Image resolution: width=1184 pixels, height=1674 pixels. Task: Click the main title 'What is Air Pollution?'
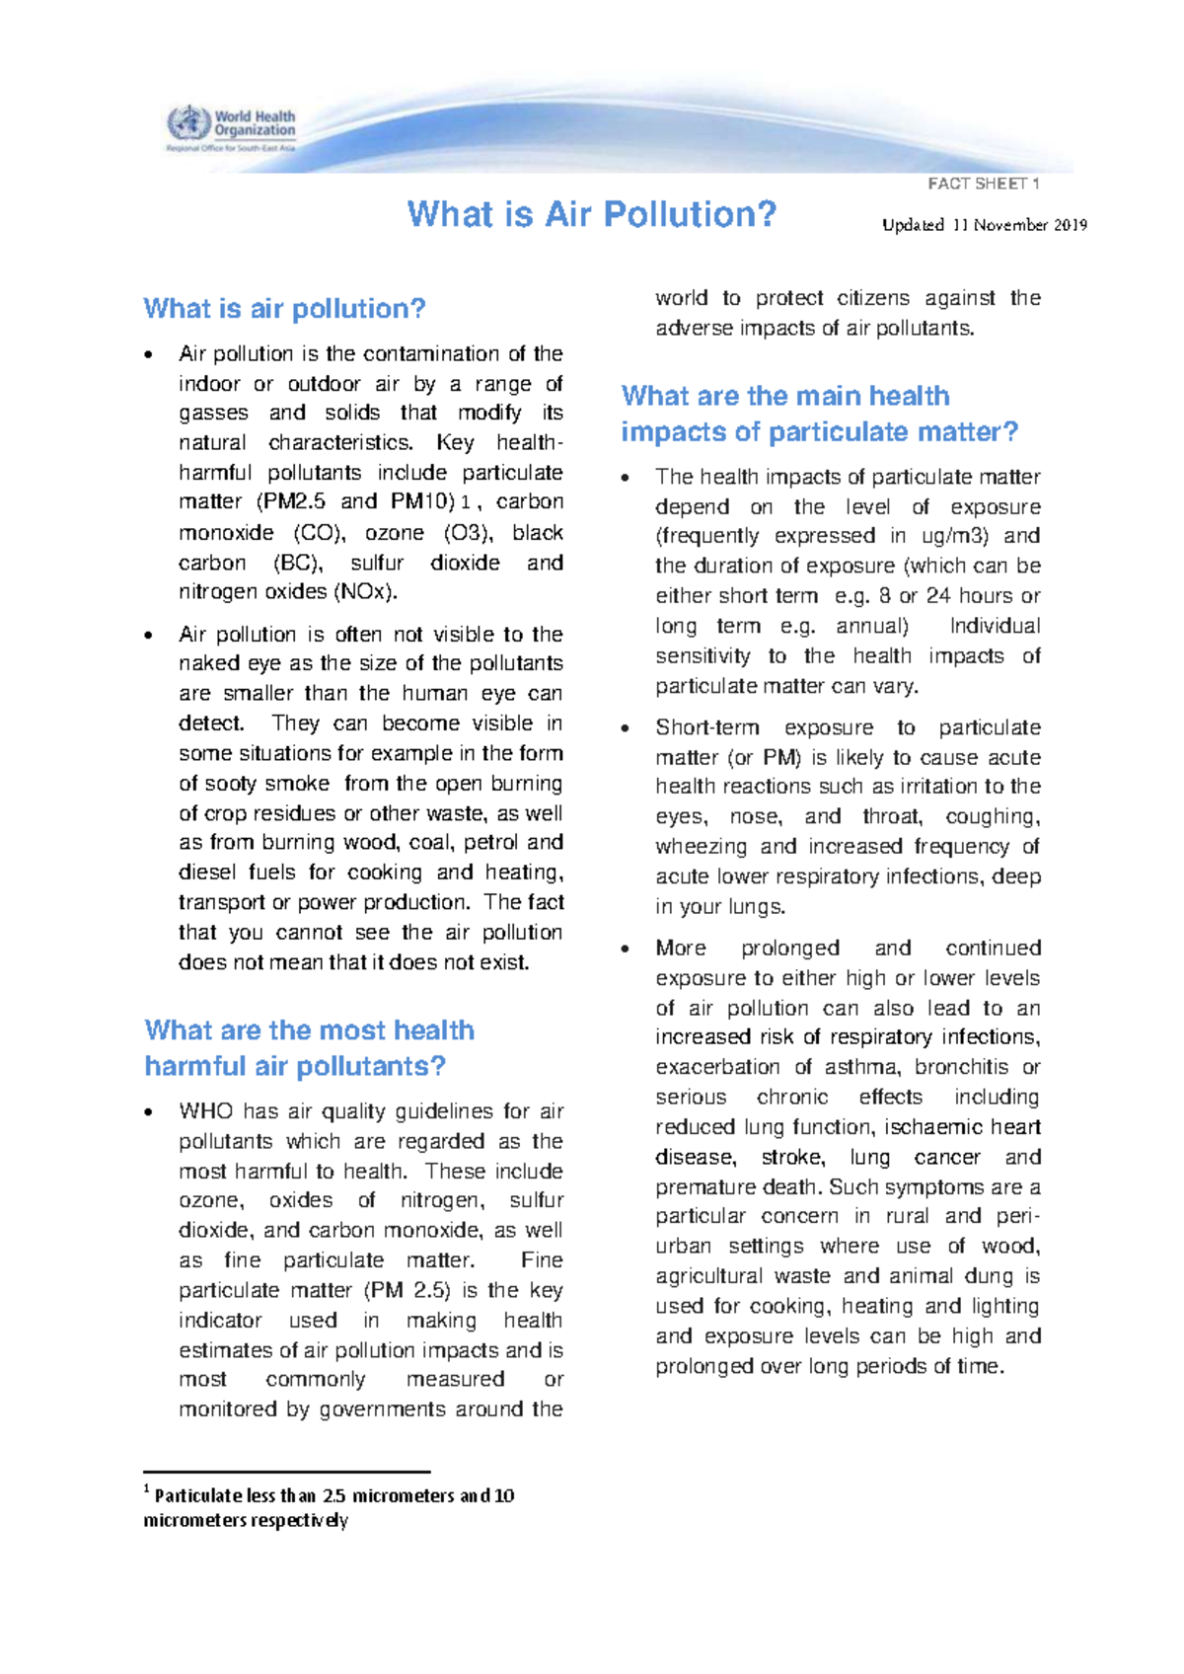[592, 214]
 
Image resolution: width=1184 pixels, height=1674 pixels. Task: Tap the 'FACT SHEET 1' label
[984, 184]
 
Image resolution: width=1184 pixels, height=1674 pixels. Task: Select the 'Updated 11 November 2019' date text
[984, 225]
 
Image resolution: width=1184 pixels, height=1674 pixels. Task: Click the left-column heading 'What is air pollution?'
[284, 309]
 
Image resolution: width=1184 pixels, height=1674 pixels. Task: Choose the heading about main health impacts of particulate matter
[819, 414]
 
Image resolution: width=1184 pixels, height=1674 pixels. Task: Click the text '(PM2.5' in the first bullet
[290, 501]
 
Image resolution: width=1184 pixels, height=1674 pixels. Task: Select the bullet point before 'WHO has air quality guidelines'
[148, 1112]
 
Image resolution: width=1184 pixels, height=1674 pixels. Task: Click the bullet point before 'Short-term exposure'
[625, 728]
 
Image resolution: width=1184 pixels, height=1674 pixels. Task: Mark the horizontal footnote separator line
[286, 1472]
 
